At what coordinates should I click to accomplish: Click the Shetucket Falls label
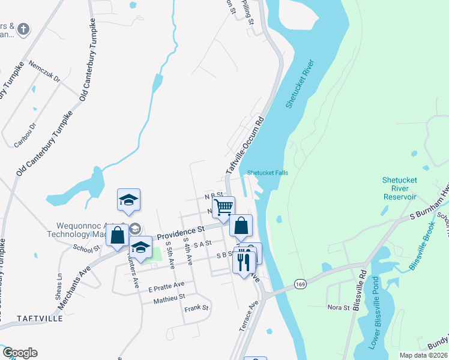(x=268, y=173)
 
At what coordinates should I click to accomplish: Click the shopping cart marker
(x=223, y=208)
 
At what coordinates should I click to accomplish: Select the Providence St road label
(x=181, y=230)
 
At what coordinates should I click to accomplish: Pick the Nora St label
(x=338, y=307)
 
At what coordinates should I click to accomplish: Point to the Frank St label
(x=196, y=308)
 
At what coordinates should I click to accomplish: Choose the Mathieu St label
(x=169, y=296)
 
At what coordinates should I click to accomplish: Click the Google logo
(x=19, y=353)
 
